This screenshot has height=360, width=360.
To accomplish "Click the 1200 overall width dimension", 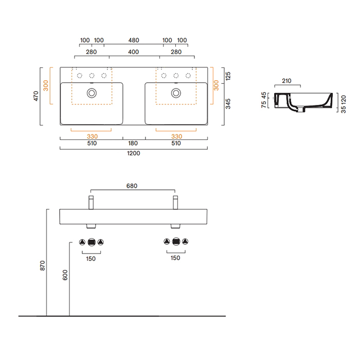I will pyautogui.click(x=133, y=153).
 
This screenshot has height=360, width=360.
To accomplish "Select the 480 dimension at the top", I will pyautogui.click(x=133, y=40).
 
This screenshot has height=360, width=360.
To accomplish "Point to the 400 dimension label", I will pyautogui.click(x=133, y=52).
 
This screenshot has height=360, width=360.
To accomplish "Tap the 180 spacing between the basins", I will pyautogui.click(x=133, y=143).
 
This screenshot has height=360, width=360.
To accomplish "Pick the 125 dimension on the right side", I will pyautogui.click(x=228, y=76).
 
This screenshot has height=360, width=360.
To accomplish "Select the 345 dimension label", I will pyautogui.click(x=228, y=105).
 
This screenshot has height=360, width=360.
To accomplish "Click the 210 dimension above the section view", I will pyautogui.click(x=287, y=81).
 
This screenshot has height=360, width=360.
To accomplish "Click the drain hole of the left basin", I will pyautogui.click(x=92, y=93).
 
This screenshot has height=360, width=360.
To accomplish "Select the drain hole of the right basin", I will pyautogui.click(x=176, y=93).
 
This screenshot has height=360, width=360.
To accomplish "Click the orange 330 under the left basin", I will pyautogui.click(x=92, y=136).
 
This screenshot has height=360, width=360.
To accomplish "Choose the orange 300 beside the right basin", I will pyautogui.click(x=216, y=85).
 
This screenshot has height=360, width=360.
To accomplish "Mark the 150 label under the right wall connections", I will pyautogui.click(x=175, y=258).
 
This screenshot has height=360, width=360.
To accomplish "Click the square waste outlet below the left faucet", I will pyautogui.click(x=92, y=242).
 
